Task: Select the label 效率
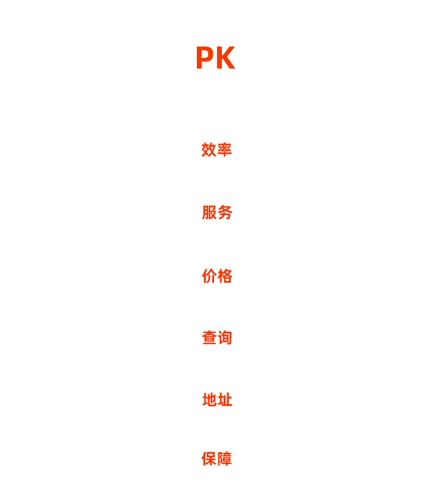217,150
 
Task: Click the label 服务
217,212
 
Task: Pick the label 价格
217,276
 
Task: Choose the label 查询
217,338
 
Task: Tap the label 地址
217,400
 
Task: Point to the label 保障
217,459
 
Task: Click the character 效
209,150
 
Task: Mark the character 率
224,150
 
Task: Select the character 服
209,212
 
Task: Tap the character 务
225,212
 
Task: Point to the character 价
209,276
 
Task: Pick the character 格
225,276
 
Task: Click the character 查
209,338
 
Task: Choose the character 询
225,338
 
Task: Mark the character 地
210,400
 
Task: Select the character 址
225,400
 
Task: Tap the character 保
209,459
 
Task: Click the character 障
224,459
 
